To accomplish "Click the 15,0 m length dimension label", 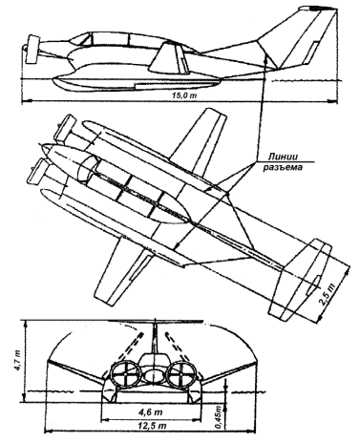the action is point(183,95).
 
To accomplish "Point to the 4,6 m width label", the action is point(152,412).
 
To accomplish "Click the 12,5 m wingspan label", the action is point(152,426).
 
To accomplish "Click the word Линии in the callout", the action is point(283,157).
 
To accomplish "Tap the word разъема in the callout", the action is point(283,167).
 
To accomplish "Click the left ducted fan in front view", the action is point(125,374).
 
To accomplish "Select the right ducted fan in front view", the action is point(182,374).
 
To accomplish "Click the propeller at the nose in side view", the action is point(32,49).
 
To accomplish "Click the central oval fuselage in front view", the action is point(154,375).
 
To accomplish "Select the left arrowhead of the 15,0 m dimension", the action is point(25,101).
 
